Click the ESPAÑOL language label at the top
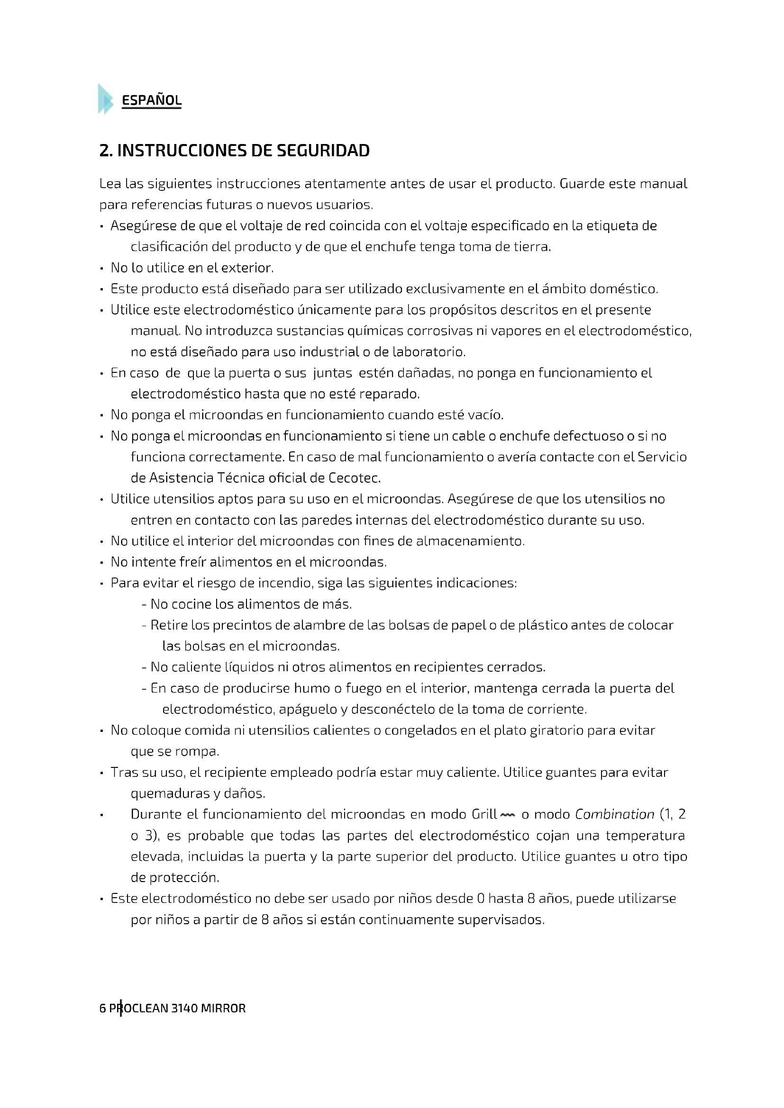click(152, 100)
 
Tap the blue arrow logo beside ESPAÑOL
click(105, 99)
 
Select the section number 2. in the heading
click(106, 151)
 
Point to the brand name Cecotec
click(355, 478)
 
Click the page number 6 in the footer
click(102, 1009)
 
